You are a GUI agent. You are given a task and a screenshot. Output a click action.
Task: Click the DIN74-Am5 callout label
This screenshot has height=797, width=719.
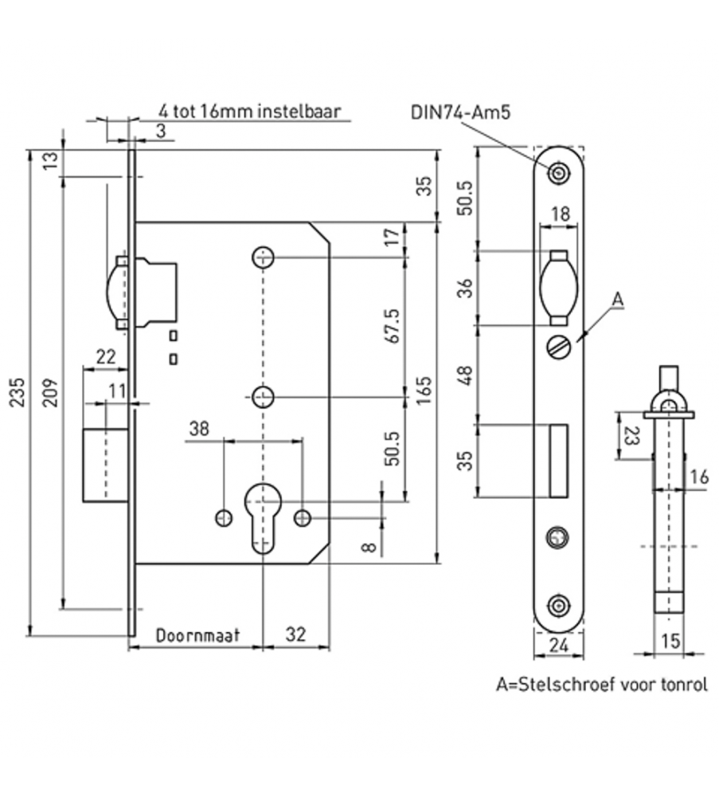point(460,112)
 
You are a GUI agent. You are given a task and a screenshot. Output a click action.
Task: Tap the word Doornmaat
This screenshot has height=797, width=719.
point(197,635)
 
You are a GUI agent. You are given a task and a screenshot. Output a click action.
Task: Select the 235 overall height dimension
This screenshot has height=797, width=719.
point(18,391)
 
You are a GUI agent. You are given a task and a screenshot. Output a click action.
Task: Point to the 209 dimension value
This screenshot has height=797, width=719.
point(49,391)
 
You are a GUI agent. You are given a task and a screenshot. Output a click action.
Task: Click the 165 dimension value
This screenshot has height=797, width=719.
point(424,390)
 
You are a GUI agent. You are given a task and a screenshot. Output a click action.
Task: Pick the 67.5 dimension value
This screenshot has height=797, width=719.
point(395,326)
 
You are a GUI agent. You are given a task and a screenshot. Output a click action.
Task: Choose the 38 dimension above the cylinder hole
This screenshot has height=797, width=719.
point(199,429)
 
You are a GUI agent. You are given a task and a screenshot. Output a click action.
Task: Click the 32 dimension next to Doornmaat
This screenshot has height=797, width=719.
point(295,634)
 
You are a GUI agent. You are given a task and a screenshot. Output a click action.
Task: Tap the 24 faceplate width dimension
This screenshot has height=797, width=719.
point(558,645)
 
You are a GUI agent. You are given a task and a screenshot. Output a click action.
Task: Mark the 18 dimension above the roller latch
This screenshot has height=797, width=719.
point(560,214)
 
